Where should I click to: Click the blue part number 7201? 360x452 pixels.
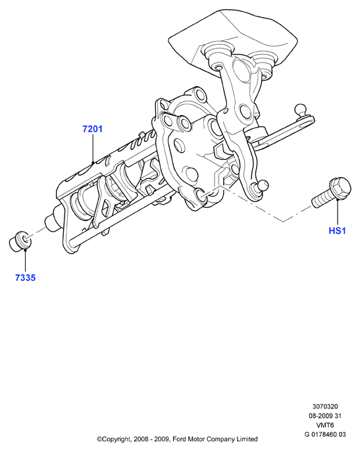93,129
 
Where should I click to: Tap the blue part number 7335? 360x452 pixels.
26,278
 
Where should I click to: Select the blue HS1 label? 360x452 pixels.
337,231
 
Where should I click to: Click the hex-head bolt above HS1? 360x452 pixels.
331,193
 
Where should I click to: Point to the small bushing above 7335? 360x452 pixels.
20,241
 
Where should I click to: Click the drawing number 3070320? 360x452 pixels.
325,407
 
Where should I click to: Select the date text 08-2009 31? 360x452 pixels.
325,416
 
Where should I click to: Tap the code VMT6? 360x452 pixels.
325,425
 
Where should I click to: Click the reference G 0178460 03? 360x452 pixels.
325,434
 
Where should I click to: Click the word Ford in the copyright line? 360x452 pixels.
179,439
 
